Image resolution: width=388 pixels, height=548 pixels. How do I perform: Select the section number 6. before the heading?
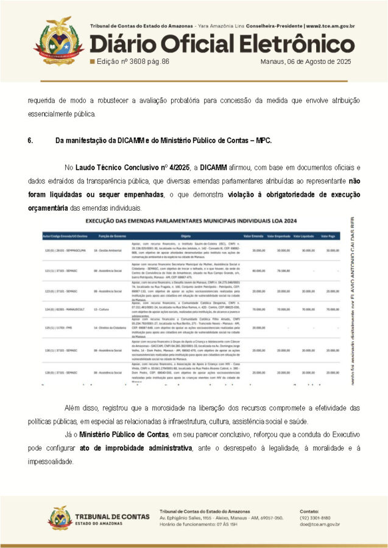pos(30,141)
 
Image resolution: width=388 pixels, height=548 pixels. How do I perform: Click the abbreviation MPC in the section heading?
pos(262,141)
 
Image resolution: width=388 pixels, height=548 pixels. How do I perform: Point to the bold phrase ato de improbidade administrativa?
pos(135,448)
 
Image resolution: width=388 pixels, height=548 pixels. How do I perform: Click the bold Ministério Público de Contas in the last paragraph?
pos(124,435)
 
